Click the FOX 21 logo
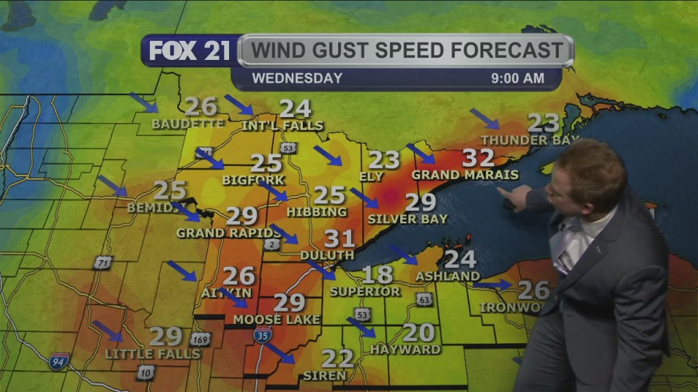pos(189,50)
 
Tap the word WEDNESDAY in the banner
pos(297,78)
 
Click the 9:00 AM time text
pos(517,78)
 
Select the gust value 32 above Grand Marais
pos(478,158)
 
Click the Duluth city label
pos(327,255)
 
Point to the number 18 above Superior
pos(377,275)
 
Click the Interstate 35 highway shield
pos(262,334)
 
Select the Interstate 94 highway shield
pos(59,361)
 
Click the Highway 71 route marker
pos(102,263)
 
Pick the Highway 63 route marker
pos(424,299)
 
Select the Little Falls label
pos(153,354)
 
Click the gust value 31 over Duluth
pos(339,239)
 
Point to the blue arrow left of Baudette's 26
pos(143,102)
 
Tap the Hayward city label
pos(406,349)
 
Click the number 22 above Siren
pos(337,359)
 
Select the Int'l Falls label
pos(282,126)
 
